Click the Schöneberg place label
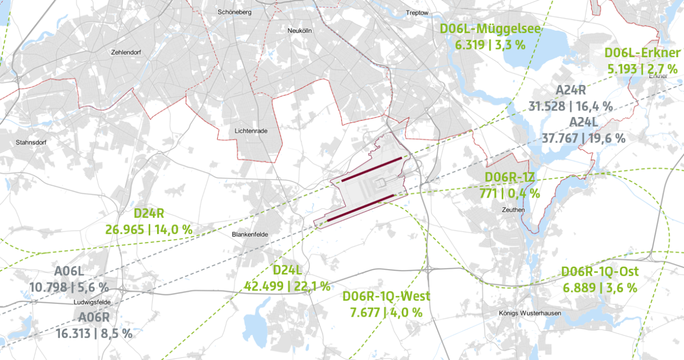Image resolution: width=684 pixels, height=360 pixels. click(x=234, y=12)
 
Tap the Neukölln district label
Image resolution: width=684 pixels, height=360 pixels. click(x=299, y=31)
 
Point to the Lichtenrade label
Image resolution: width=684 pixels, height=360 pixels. click(x=251, y=131)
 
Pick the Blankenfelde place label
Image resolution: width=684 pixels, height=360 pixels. click(x=249, y=234)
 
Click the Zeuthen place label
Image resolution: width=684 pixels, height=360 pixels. click(x=514, y=210)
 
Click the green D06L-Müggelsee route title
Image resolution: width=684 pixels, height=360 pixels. click(x=490, y=29)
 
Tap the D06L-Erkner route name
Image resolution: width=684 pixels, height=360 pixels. click(x=642, y=53)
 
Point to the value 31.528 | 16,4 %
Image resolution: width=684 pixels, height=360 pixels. click(x=570, y=106)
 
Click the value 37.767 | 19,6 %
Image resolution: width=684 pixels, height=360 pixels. click(x=583, y=138)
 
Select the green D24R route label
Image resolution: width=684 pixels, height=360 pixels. click(x=149, y=214)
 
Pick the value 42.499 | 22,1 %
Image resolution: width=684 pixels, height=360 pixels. click(x=287, y=286)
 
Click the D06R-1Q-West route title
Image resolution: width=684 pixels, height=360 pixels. click(x=386, y=296)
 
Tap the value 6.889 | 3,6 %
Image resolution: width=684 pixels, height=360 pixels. click(x=600, y=288)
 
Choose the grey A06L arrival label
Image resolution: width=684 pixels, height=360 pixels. click(x=69, y=271)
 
